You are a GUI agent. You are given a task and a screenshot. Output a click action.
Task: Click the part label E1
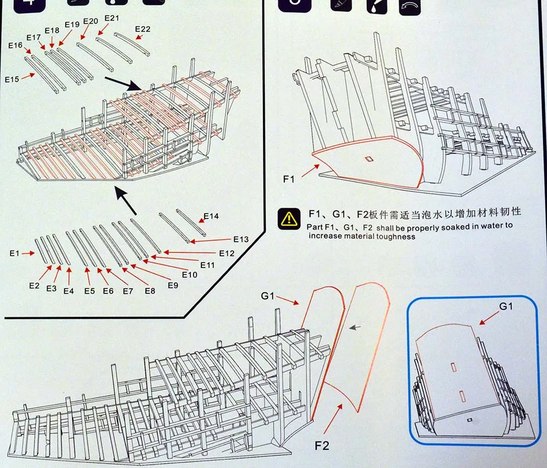click(14, 253)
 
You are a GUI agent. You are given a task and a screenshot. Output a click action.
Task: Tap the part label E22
click(142, 29)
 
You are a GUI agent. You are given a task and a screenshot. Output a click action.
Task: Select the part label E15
click(12, 79)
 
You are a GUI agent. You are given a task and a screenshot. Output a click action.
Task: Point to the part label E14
click(211, 216)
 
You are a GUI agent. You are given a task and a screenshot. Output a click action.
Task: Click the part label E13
click(241, 239)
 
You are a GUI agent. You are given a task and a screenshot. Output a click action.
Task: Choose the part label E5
click(89, 291)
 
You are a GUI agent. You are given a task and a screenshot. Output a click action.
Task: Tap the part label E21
click(111, 18)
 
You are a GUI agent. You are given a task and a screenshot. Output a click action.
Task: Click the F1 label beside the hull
click(289, 178)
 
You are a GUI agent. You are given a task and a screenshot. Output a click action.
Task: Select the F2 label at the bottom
click(322, 445)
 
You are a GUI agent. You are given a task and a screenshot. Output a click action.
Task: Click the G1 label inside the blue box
click(506, 306)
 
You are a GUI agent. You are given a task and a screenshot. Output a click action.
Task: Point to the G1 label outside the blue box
click(267, 296)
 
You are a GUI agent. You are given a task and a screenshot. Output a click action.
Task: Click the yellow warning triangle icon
click(287, 218)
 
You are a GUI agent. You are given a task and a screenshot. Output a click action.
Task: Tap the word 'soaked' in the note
click(418, 226)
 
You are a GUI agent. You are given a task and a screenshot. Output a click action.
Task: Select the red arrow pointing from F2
click(333, 419)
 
